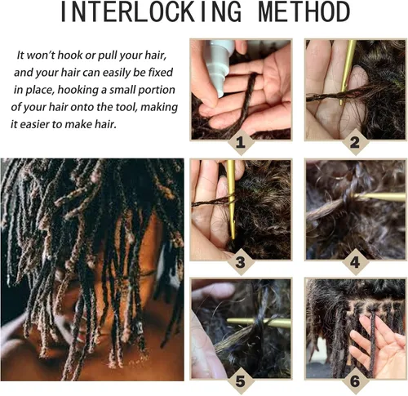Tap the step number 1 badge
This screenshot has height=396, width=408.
(x=239, y=144)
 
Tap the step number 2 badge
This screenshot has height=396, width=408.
(x=354, y=144)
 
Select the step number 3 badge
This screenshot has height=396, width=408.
(x=239, y=263)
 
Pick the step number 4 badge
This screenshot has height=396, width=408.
(x=354, y=263)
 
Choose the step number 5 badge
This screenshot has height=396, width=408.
(x=239, y=381)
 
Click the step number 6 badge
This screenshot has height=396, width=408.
(x=354, y=381)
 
